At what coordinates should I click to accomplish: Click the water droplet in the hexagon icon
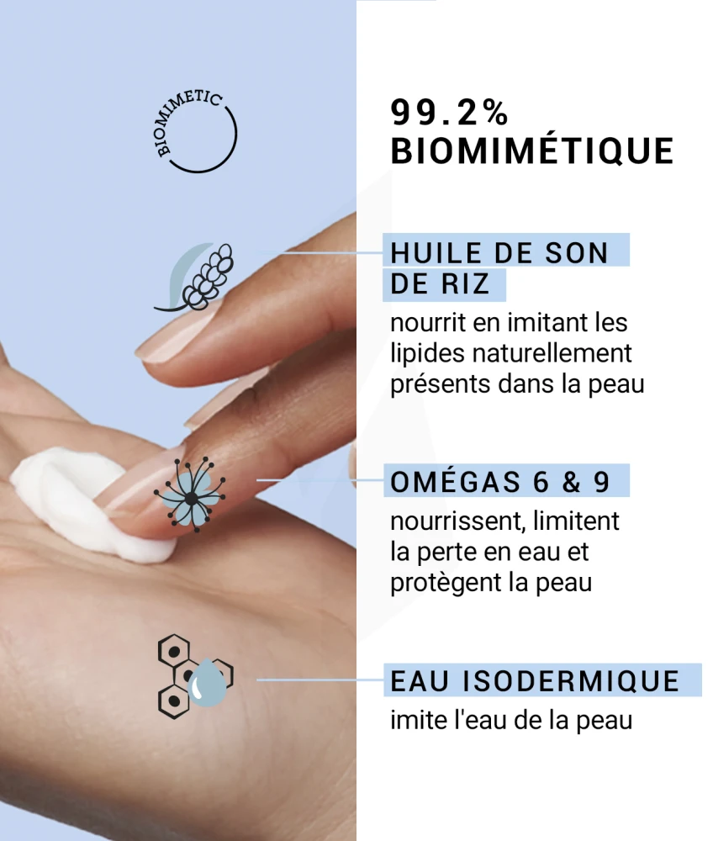pyautogui.click(x=209, y=682)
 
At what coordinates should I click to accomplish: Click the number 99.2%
pyautogui.click(x=449, y=113)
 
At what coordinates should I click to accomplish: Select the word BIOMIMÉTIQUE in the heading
pyautogui.click(x=531, y=151)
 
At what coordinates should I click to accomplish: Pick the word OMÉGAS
pyautogui.click(x=455, y=481)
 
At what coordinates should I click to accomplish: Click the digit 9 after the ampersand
pyautogui.click(x=601, y=482)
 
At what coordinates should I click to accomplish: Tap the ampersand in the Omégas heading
pyautogui.click(x=572, y=482)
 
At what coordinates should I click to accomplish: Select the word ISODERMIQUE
pyautogui.click(x=571, y=681)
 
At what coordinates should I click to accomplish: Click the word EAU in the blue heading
pyautogui.click(x=420, y=681)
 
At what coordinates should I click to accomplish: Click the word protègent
pyautogui.click(x=446, y=583)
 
